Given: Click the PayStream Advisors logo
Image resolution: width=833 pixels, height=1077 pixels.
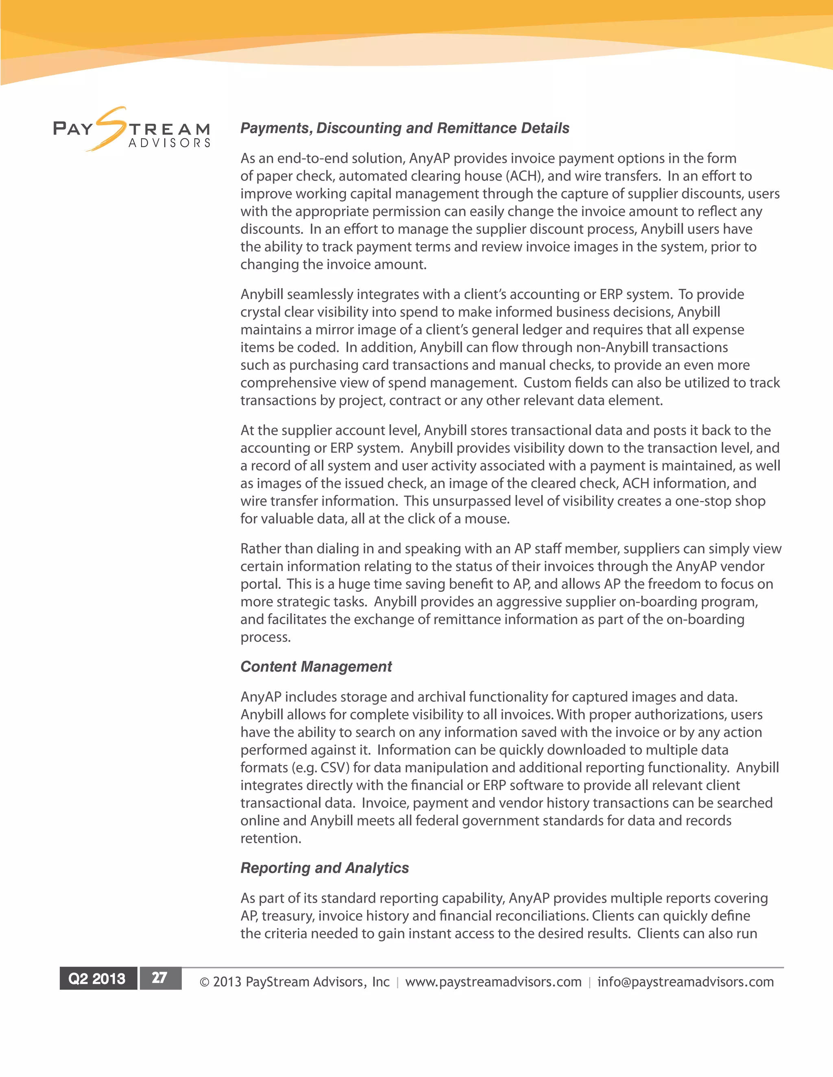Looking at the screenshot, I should click(x=132, y=130).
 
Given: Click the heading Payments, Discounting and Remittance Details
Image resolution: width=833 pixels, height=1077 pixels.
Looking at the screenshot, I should click(x=404, y=128).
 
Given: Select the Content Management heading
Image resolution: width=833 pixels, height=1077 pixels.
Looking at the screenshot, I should click(x=316, y=667).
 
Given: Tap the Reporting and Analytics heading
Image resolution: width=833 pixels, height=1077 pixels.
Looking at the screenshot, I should click(x=324, y=868).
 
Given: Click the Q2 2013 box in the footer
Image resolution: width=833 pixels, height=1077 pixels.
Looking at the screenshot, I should click(x=97, y=978).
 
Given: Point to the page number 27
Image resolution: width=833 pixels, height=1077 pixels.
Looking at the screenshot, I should click(x=159, y=978).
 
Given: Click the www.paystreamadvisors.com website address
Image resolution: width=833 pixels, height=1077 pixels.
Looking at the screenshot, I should click(x=493, y=982).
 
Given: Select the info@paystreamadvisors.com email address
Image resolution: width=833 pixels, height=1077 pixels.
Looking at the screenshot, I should click(x=685, y=982).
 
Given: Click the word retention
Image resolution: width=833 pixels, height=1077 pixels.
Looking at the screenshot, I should click(x=270, y=838).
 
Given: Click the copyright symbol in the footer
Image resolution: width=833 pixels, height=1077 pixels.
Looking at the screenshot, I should click(x=204, y=982).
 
